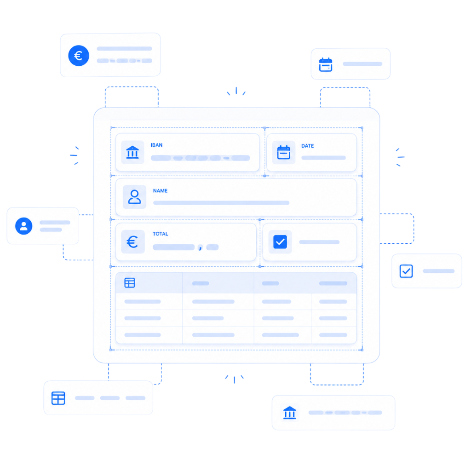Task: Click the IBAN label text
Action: click(x=156, y=145)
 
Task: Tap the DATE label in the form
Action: click(x=307, y=146)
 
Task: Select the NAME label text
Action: click(x=160, y=191)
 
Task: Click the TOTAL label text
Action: click(x=160, y=234)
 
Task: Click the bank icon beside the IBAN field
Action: click(x=132, y=152)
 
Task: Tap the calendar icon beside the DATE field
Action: click(x=283, y=152)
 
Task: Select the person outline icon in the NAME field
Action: click(x=134, y=197)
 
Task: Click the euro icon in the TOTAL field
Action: click(x=132, y=242)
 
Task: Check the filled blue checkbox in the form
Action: click(x=280, y=242)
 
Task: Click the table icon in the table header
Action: click(x=129, y=283)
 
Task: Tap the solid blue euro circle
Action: click(x=79, y=56)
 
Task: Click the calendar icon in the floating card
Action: click(x=326, y=64)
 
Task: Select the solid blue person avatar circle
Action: click(x=24, y=226)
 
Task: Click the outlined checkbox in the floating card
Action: click(x=406, y=271)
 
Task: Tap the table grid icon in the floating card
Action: click(x=58, y=398)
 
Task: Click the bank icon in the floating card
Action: click(x=290, y=413)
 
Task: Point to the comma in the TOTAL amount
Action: click(x=201, y=247)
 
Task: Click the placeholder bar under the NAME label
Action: click(x=221, y=203)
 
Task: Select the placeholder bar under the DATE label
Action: click(x=323, y=158)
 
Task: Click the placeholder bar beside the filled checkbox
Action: click(x=319, y=242)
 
